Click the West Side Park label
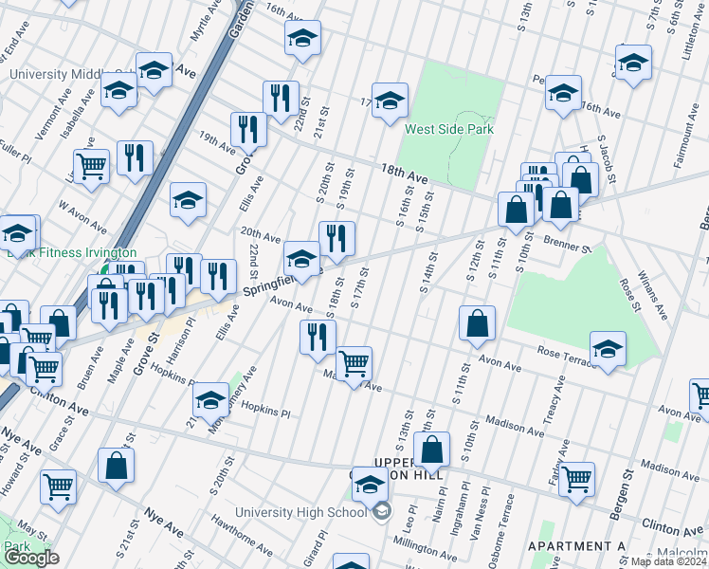point(448,129)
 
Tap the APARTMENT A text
point(576,546)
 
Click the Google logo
point(30,559)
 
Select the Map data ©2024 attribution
point(667,561)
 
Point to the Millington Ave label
point(427,547)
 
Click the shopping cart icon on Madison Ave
point(354,363)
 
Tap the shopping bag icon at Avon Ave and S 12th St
point(477,322)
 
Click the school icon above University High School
point(369,485)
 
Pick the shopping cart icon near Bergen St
point(576,479)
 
